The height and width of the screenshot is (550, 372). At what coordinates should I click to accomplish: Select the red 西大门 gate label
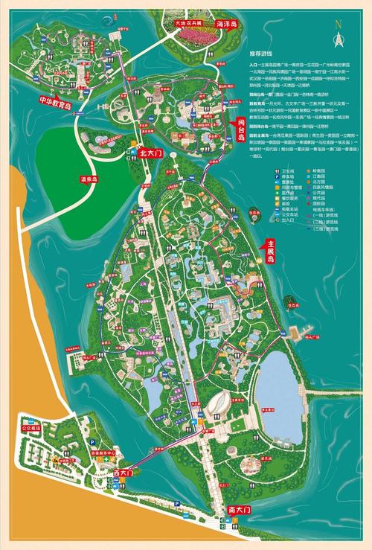coord(123,472)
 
